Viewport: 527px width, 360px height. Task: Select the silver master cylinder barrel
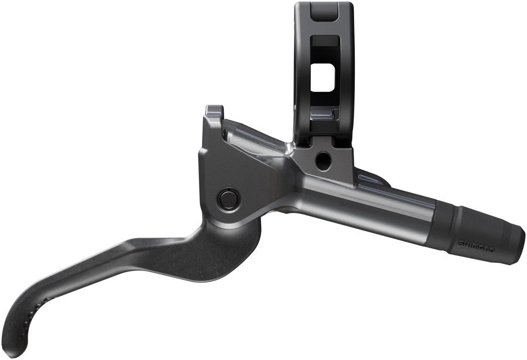click(375, 202)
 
